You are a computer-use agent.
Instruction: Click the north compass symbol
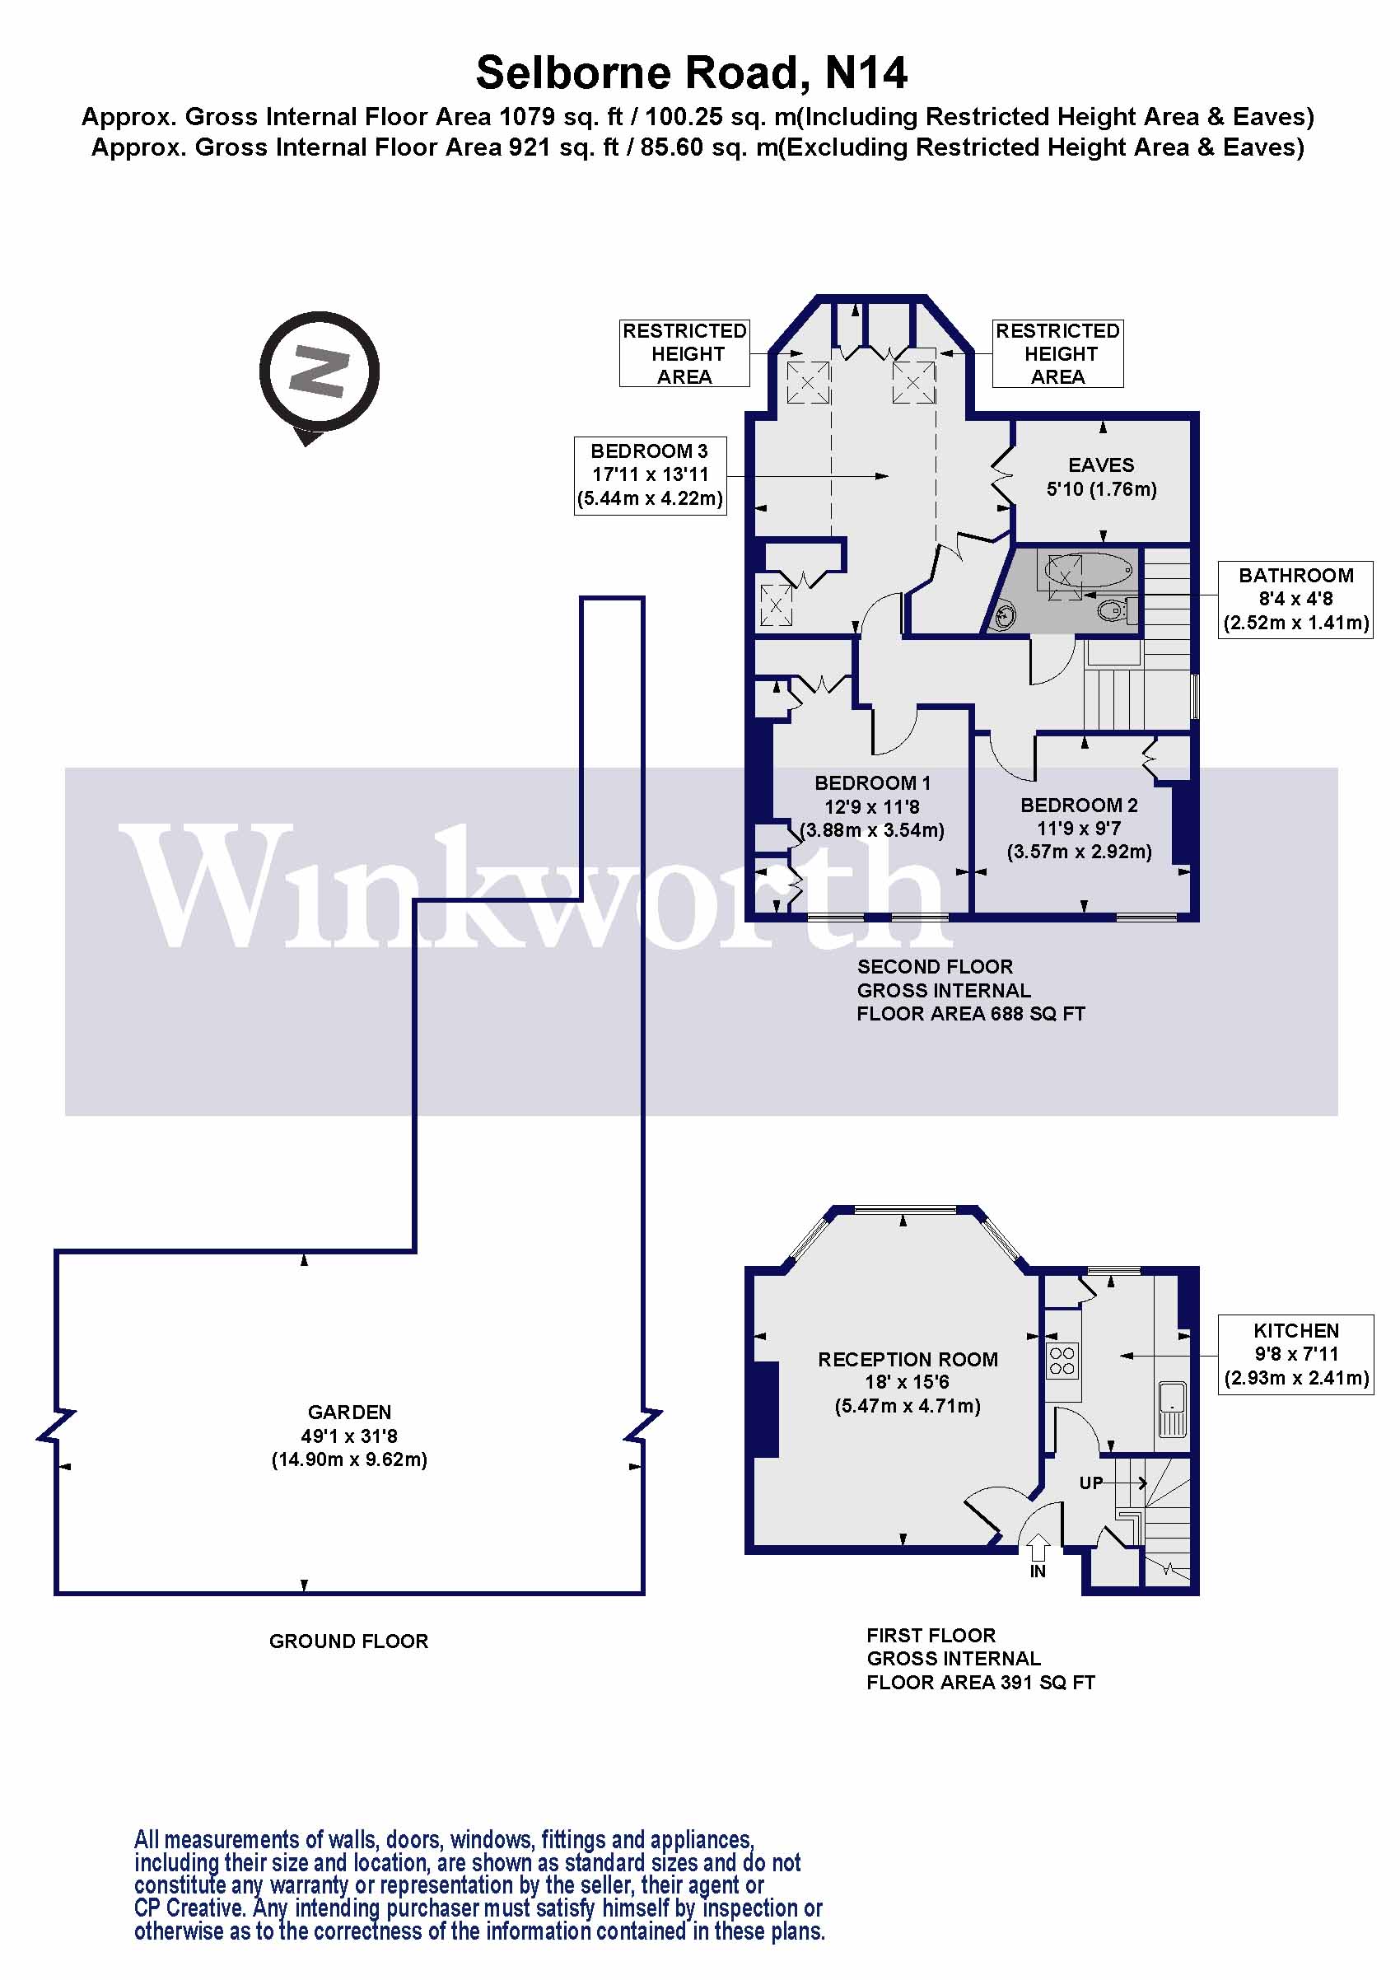tap(319, 372)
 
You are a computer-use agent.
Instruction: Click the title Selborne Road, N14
tap(692, 72)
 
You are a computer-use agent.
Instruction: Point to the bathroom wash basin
tap(1006, 616)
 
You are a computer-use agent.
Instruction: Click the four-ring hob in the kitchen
tap(1062, 1361)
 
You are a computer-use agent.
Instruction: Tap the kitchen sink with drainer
tap(1172, 1409)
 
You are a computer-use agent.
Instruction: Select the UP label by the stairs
tap(1091, 1483)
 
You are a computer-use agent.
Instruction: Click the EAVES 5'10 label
tap(1101, 477)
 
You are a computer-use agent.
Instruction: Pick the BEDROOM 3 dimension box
tap(650, 475)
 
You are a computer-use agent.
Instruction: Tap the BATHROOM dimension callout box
tap(1295, 600)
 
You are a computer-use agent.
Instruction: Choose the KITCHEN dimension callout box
tap(1295, 1354)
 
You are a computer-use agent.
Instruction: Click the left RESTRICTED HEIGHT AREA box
tap(684, 353)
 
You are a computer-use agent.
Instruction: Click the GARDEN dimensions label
tap(349, 1436)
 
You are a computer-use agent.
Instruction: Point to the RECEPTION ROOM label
tap(908, 1360)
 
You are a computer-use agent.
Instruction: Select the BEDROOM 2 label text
tap(1079, 806)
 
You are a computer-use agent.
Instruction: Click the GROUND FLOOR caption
tap(348, 1641)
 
